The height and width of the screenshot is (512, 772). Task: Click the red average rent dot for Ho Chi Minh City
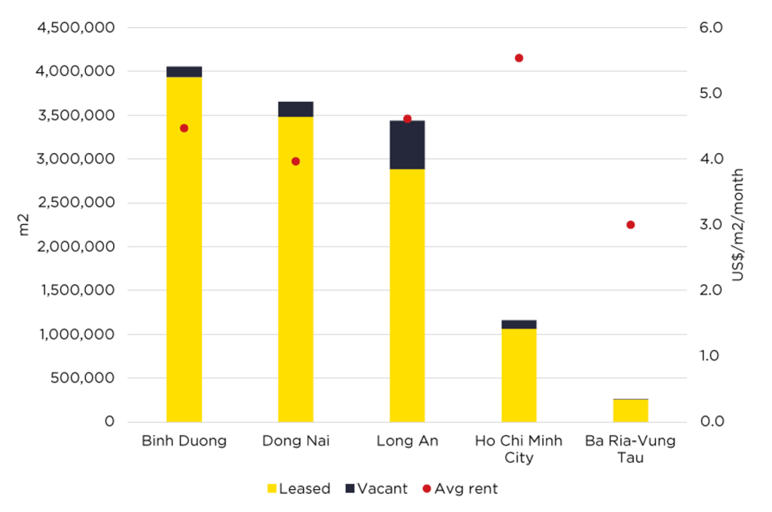click(519, 58)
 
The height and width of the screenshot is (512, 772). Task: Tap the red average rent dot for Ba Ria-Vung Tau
click(630, 225)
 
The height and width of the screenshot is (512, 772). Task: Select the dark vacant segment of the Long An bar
click(407, 145)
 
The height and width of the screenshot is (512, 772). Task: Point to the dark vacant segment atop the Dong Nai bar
click(296, 109)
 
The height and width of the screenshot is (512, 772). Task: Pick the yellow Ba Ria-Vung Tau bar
click(630, 410)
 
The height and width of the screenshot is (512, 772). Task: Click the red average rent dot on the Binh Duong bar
click(184, 128)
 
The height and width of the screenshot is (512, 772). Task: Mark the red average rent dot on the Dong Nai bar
click(296, 161)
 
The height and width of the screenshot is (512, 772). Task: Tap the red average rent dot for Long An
click(407, 118)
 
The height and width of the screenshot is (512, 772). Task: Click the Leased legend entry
click(299, 489)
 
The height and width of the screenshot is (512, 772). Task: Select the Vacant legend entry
click(376, 489)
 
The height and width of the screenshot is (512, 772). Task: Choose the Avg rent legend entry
click(460, 489)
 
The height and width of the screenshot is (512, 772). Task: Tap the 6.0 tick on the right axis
click(712, 28)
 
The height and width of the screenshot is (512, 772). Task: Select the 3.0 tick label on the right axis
click(712, 225)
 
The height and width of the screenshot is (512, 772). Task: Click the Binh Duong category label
click(184, 441)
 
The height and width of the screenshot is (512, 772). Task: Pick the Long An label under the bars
click(407, 441)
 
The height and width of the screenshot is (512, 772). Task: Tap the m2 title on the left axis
click(23, 225)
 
